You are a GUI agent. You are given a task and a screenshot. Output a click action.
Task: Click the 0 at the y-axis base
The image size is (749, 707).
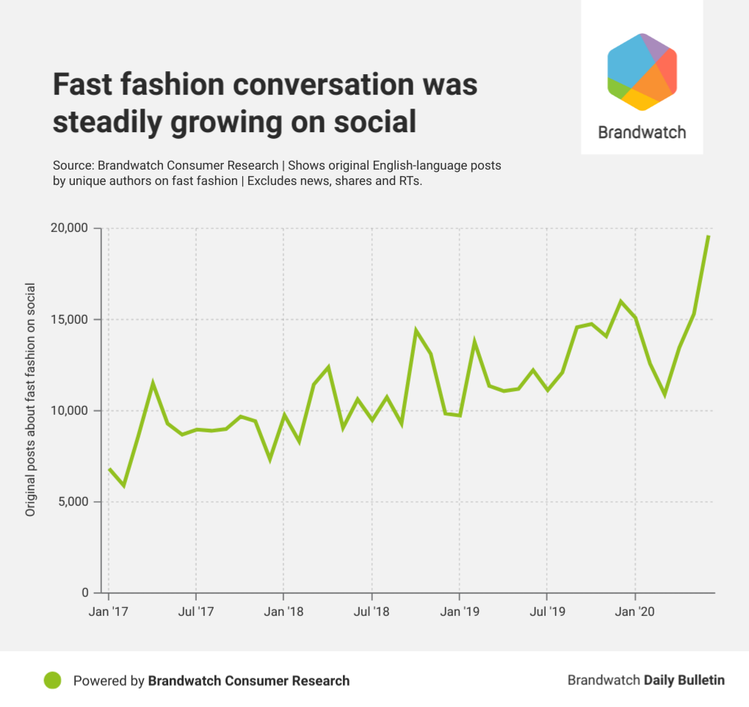pyautogui.click(x=84, y=592)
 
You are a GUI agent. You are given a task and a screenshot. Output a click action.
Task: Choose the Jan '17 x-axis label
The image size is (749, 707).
pyautogui.click(x=109, y=611)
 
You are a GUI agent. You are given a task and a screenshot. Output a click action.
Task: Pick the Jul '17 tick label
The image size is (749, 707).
pyautogui.click(x=195, y=611)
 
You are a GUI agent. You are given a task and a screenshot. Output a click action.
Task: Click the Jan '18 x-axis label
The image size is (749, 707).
pyautogui.click(x=284, y=611)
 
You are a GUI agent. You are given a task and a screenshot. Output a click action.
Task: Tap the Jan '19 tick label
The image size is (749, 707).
pyautogui.click(x=460, y=611)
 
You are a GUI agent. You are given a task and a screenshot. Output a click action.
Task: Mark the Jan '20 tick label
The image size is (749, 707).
pyautogui.click(x=635, y=611)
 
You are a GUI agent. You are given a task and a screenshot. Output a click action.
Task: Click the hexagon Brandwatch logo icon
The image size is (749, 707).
pyautogui.click(x=642, y=71)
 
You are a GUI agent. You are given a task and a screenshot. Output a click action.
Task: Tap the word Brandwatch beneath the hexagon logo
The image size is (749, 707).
pyautogui.click(x=642, y=133)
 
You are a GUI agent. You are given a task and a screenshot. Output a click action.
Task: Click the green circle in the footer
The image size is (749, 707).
pyautogui.click(x=53, y=681)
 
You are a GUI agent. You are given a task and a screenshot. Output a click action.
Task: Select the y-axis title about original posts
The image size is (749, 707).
pyautogui.click(x=31, y=399)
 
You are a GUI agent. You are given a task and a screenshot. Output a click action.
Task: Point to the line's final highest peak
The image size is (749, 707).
pyautogui.click(x=708, y=236)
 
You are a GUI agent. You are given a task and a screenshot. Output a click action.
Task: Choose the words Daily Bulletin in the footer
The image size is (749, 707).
pyautogui.click(x=684, y=681)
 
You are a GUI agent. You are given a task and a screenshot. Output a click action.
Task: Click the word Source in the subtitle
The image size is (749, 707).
pyautogui.click(x=72, y=165)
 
